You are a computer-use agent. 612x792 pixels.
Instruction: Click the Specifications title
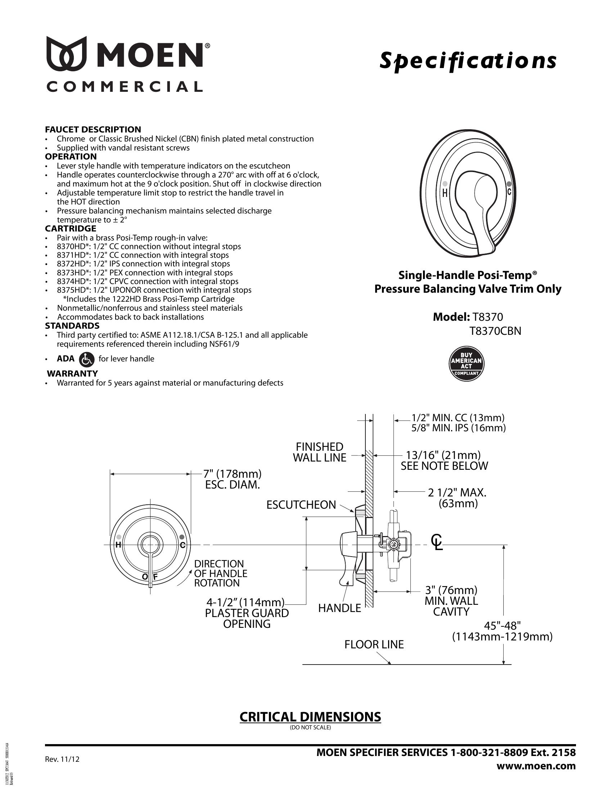468,60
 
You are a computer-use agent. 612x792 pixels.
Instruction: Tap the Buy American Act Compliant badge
466,364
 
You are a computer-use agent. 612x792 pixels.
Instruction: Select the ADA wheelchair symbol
86,359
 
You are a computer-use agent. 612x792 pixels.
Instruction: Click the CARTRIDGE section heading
70,229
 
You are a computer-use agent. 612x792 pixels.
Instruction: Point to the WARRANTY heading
72,374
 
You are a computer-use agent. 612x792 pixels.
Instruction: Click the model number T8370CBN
495,331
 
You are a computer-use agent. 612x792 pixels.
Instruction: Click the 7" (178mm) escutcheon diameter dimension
232,474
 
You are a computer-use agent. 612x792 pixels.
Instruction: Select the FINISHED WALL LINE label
319,452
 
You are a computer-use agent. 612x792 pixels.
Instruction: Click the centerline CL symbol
437,542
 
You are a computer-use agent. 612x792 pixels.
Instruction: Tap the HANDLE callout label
339,608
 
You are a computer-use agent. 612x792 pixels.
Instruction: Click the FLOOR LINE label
374,644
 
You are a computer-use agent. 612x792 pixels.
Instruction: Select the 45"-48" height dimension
502,626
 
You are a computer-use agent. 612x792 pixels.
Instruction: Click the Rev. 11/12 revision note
62,759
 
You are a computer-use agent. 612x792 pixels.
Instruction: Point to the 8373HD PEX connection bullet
145,273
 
